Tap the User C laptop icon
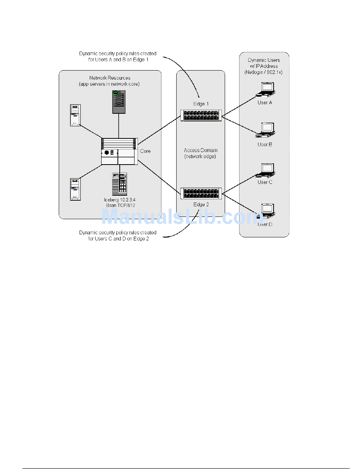[x=265, y=170]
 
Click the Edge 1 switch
[x=201, y=115]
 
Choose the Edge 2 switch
[x=201, y=193]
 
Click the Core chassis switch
[x=119, y=151]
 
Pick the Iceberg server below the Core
[x=119, y=184]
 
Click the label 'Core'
[x=145, y=151]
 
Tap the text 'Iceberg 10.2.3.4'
[x=120, y=200]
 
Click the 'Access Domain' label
[x=200, y=151]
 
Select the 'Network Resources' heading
[x=110, y=78]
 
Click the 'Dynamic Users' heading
[x=264, y=60]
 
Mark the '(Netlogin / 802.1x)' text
[x=264, y=72]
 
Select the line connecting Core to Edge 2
[x=159, y=177]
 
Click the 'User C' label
[x=265, y=182]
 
